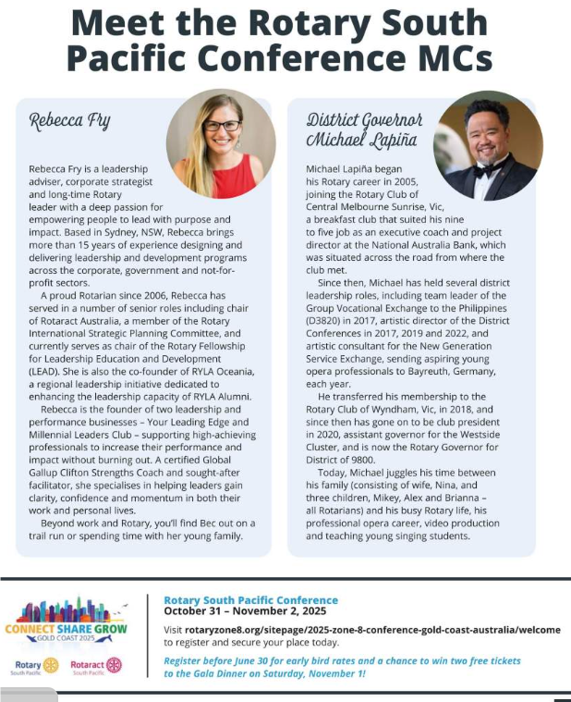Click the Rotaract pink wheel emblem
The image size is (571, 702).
pyautogui.click(x=114, y=665)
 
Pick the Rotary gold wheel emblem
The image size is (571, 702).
pyautogui.click(x=52, y=665)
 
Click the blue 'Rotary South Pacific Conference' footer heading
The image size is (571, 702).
pyautogui.click(x=250, y=600)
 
